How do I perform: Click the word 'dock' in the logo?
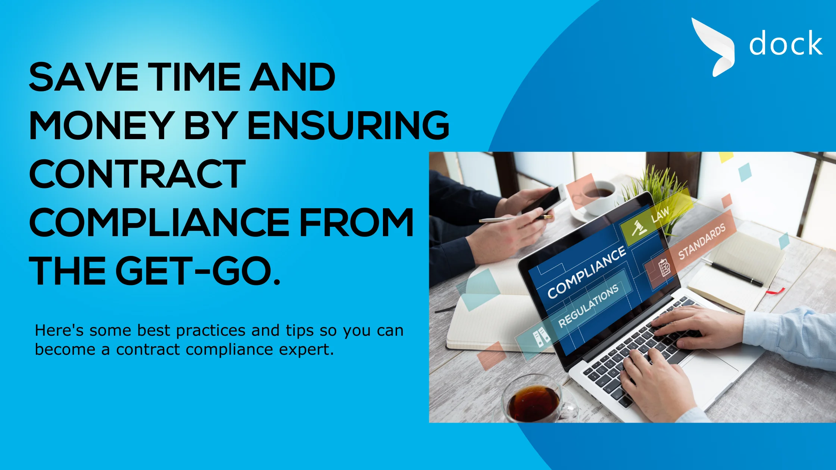[x=786, y=43]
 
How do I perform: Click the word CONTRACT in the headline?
[x=137, y=173]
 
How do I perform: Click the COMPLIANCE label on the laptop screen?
[x=586, y=273]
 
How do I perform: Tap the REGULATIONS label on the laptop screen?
[x=588, y=305]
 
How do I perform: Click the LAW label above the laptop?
[x=660, y=215]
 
